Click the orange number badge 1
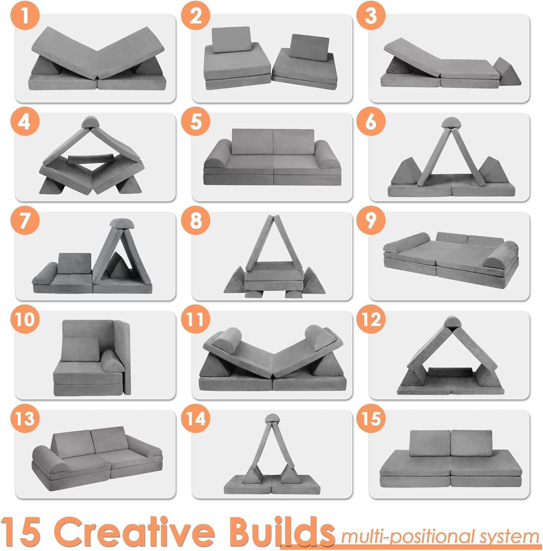pyautogui.click(x=25, y=17)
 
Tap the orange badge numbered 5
pyautogui.click(x=196, y=121)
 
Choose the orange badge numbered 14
pyautogui.click(x=196, y=418)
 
